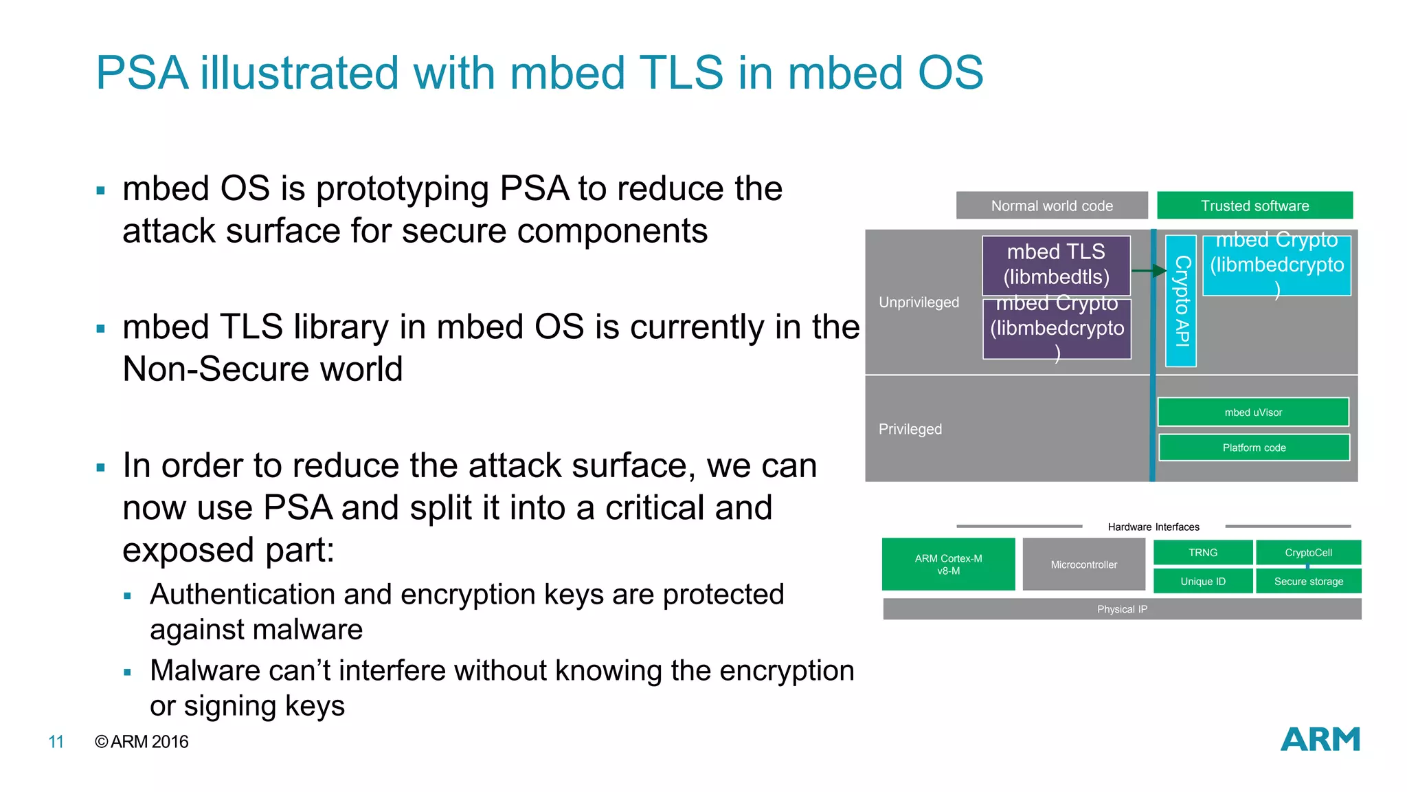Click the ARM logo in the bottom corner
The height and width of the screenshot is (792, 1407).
[1320, 740]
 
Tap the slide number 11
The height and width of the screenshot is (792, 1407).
[56, 742]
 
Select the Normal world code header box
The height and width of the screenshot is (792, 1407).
[1052, 206]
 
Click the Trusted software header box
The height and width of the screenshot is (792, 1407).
[1254, 206]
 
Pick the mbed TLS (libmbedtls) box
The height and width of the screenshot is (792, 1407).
[1056, 265]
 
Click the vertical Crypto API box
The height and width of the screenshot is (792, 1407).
[1181, 300]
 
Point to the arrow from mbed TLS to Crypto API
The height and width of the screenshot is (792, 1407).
[1149, 271]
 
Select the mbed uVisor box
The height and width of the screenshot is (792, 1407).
[1253, 412]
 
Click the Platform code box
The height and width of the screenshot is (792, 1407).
[1254, 448]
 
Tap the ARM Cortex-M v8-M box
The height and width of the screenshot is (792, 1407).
[948, 564]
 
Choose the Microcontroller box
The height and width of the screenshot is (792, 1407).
[1083, 564]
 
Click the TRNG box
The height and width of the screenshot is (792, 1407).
[1202, 553]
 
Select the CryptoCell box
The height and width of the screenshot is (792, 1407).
[1308, 553]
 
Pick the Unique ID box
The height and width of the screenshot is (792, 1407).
[1202, 582]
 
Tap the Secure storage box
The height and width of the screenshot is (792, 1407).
[1308, 582]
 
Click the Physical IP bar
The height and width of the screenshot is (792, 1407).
[1122, 609]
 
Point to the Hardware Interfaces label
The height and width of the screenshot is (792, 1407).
[1153, 527]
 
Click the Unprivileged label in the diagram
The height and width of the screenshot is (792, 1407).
[919, 302]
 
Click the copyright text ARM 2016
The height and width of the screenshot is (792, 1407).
[142, 742]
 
